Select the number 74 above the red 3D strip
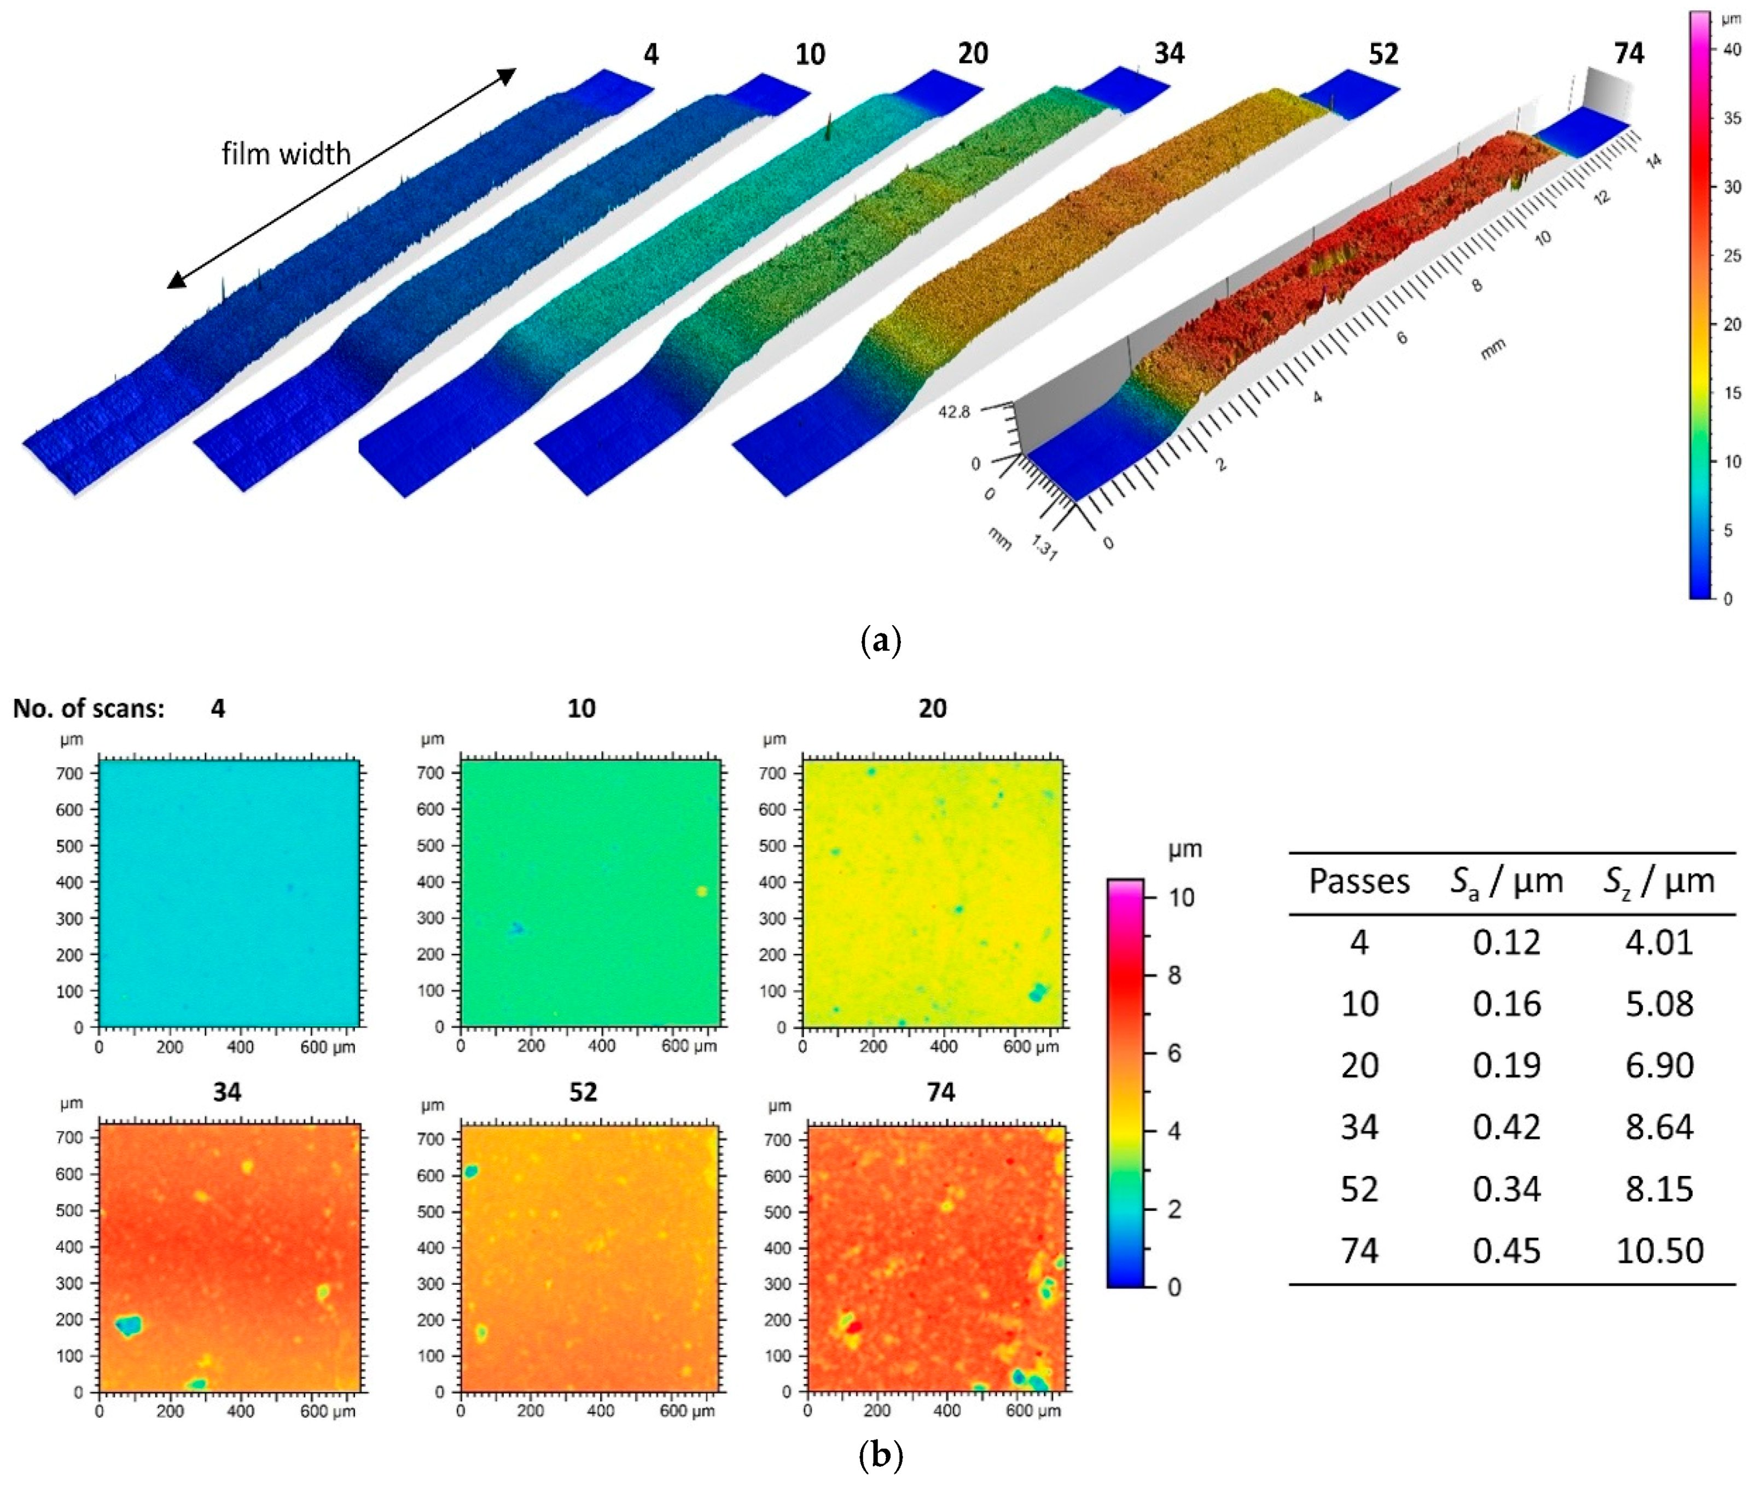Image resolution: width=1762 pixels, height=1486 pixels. point(1629,54)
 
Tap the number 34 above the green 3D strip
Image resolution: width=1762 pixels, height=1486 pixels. point(1169,54)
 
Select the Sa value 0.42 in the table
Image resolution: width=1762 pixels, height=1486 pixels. point(1506,1127)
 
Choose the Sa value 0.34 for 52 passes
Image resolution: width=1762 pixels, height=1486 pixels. point(1506,1190)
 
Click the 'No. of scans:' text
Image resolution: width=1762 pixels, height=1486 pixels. point(89,708)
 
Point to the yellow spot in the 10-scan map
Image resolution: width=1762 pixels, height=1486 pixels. point(701,891)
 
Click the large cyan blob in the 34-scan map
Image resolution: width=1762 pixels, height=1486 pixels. point(129,1326)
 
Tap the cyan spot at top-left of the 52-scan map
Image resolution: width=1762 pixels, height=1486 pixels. point(471,1171)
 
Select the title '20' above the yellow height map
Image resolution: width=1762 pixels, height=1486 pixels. point(932,708)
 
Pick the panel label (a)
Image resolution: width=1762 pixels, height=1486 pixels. point(881,642)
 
